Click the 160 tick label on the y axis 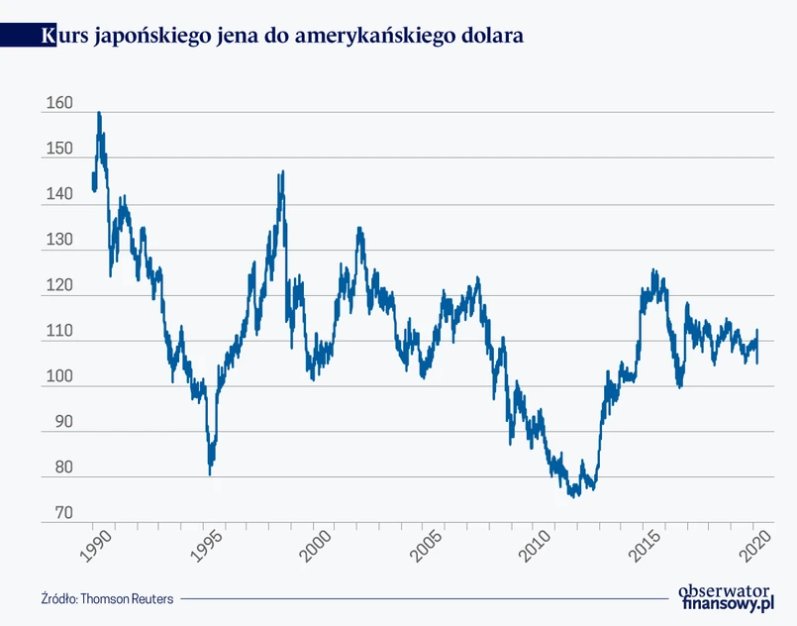(58, 103)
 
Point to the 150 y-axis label (58, 149)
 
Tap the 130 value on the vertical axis (58, 241)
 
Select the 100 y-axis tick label (58, 378)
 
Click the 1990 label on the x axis (98, 546)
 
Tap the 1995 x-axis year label (208, 546)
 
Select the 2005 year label (427, 546)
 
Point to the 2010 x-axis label (537, 546)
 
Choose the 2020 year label (755, 546)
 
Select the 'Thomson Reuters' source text (127, 598)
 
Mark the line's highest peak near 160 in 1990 (99, 113)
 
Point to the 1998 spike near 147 (282, 172)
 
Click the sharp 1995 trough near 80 (210, 473)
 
